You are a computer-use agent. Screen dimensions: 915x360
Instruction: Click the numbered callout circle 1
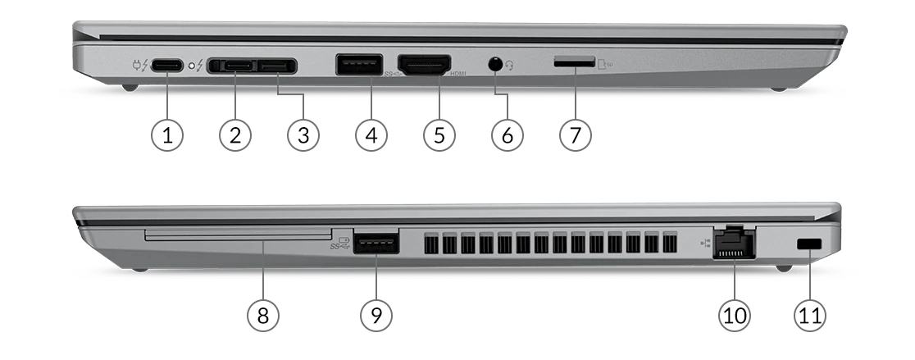coord(167,135)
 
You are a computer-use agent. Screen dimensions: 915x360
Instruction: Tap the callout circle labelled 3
coord(303,135)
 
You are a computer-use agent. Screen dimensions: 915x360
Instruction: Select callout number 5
coord(439,135)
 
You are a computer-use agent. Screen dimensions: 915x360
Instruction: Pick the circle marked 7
coord(576,135)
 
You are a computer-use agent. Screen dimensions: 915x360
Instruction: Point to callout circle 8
coord(263,316)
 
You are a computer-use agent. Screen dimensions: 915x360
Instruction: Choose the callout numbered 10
coord(734,316)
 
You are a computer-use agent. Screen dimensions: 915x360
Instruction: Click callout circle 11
coord(810,316)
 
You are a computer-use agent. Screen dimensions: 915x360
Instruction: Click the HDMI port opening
coord(424,64)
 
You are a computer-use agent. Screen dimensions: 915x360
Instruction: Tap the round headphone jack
coord(495,64)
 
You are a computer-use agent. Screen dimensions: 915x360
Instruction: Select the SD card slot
coord(574,62)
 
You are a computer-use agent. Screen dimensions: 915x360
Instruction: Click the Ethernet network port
coord(734,242)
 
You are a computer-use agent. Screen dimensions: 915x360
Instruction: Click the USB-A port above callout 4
coord(359,64)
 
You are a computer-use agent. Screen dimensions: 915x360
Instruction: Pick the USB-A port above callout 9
coord(376,243)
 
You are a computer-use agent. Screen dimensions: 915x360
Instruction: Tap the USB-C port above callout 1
coord(167,66)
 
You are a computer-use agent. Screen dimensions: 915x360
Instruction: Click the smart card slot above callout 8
coord(238,234)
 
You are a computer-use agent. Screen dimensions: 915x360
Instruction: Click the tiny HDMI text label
coord(458,74)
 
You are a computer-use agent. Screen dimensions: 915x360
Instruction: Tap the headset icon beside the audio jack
coord(509,66)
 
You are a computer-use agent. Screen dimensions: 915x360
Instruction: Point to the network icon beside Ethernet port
coord(705,243)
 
